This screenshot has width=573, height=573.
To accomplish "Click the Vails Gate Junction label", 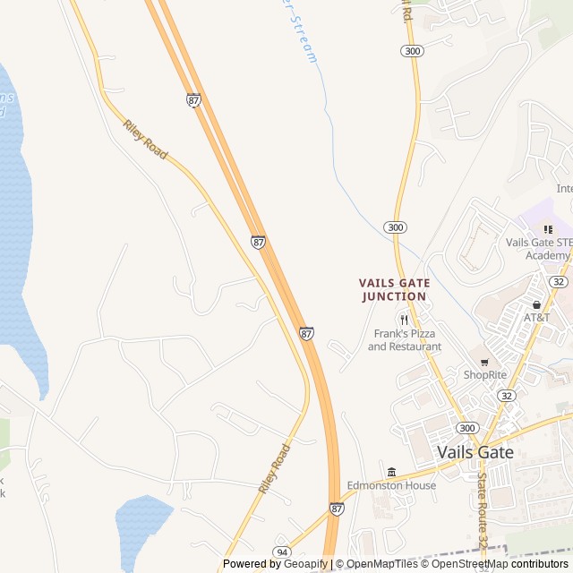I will click(393, 289).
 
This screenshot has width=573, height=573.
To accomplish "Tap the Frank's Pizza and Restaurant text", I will click(404, 340).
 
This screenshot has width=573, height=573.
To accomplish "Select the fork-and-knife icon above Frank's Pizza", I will click(404, 320).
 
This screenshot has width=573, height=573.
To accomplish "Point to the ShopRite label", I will click(484, 374).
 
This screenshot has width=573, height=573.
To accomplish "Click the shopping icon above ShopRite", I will click(484, 362).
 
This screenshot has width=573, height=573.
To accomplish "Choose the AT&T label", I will click(537, 318).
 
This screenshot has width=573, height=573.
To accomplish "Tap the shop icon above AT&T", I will click(537, 304).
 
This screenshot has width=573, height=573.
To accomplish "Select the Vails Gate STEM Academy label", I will click(539, 248).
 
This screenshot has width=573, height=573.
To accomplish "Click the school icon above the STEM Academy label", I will click(548, 229).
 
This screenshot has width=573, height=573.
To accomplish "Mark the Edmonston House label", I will click(392, 485).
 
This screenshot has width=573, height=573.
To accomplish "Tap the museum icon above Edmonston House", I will click(391, 472).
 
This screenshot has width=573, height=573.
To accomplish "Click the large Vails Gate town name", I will click(475, 452).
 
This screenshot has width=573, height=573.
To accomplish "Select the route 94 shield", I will click(283, 552).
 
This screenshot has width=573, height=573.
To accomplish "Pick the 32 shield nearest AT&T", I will click(559, 281).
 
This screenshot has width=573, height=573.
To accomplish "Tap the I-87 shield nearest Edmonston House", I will click(337, 509).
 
